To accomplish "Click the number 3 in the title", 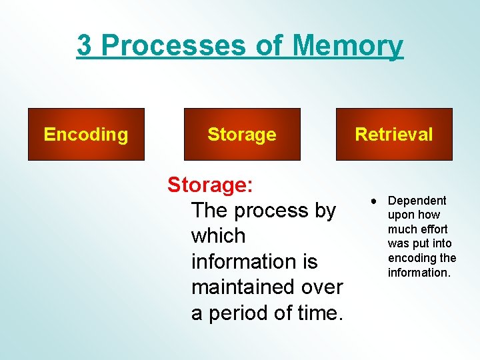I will (x=85, y=46).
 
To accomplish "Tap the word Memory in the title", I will (x=347, y=46).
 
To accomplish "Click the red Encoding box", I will (x=86, y=135).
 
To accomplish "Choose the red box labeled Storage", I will (x=241, y=135).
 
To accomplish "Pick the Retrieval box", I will (x=394, y=135).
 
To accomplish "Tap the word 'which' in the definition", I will (x=218, y=236).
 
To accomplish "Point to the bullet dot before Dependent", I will (x=375, y=201).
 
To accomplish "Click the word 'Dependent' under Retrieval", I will (x=417, y=201).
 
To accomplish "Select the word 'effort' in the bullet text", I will (x=433, y=229).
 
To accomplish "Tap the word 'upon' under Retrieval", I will (x=401, y=215).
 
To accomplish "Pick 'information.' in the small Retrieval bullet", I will (x=420, y=273).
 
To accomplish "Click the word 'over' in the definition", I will (x=321, y=287).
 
